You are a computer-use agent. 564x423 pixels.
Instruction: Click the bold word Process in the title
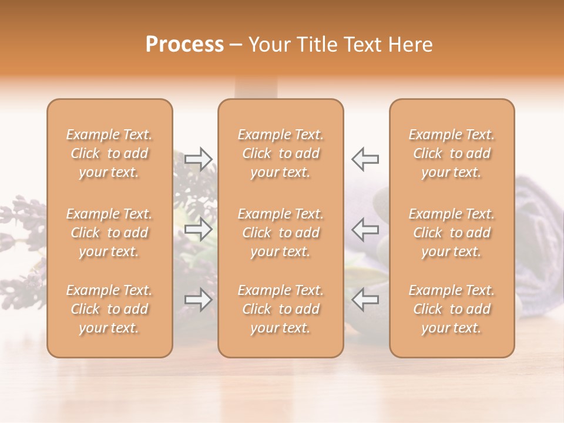(x=184, y=45)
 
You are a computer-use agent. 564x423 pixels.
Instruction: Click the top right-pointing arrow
(x=199, y=159)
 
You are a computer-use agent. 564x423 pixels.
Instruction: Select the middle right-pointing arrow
(x=199, y=229)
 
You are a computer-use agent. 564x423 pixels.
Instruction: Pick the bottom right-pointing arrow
(x=199, y=300)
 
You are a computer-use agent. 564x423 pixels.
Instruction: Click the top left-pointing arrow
(x=365, y=159)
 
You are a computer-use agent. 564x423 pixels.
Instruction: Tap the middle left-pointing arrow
(x=365, y=229)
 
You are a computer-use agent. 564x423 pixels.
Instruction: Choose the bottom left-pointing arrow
(x=365, y=300)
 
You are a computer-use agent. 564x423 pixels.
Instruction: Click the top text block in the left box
(x=109, y=153)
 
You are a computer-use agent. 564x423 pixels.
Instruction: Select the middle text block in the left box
(x=109, y=233)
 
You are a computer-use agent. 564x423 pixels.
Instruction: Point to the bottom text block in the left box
(x=109, y=309)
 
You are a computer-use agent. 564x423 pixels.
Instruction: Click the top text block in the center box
(x=281, y=153)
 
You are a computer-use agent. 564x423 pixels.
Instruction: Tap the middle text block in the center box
(x=281, y=233)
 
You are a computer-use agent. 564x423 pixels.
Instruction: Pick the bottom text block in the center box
(x=281, y=309)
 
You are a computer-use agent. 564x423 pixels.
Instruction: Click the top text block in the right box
(x=452, y=153)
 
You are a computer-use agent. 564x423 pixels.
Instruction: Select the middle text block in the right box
(x=452, y=233)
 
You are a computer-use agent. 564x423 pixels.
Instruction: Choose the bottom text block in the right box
(x=452, y=309)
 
